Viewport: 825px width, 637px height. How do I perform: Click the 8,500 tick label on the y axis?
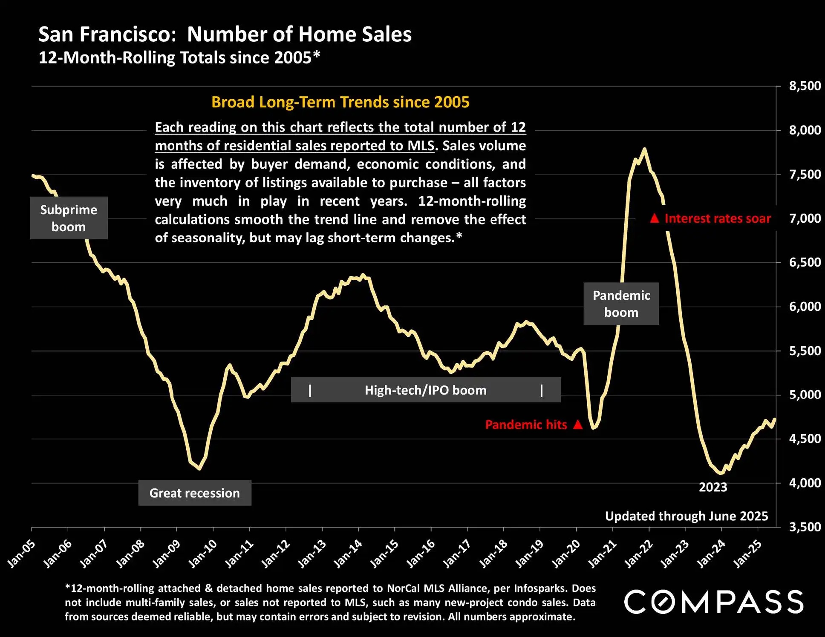pos(805,86)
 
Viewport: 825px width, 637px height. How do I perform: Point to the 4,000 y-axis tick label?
pos(805,483)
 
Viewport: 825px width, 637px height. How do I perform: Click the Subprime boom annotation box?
pos(69,218)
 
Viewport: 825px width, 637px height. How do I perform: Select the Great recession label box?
pos(195,493)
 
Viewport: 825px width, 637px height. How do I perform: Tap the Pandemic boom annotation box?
pos(621,304)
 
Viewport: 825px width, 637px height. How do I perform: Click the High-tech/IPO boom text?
pos(425,390)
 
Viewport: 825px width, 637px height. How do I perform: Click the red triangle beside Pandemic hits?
pos(578,425)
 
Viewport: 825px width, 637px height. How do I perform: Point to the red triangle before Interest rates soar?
pos(655,218)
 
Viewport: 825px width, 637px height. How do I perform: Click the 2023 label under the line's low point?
pos(713,487)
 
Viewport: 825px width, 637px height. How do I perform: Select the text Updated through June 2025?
pos(686,516)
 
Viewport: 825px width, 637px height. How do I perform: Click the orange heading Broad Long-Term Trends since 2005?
pos(340,102)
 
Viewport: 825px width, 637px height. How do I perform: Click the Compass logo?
pos(714,602)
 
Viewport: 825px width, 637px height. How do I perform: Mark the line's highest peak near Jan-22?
pos(644,149)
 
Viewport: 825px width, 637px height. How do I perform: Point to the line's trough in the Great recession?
pos(199,469)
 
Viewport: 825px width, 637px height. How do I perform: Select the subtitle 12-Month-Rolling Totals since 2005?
pos(179,57)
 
